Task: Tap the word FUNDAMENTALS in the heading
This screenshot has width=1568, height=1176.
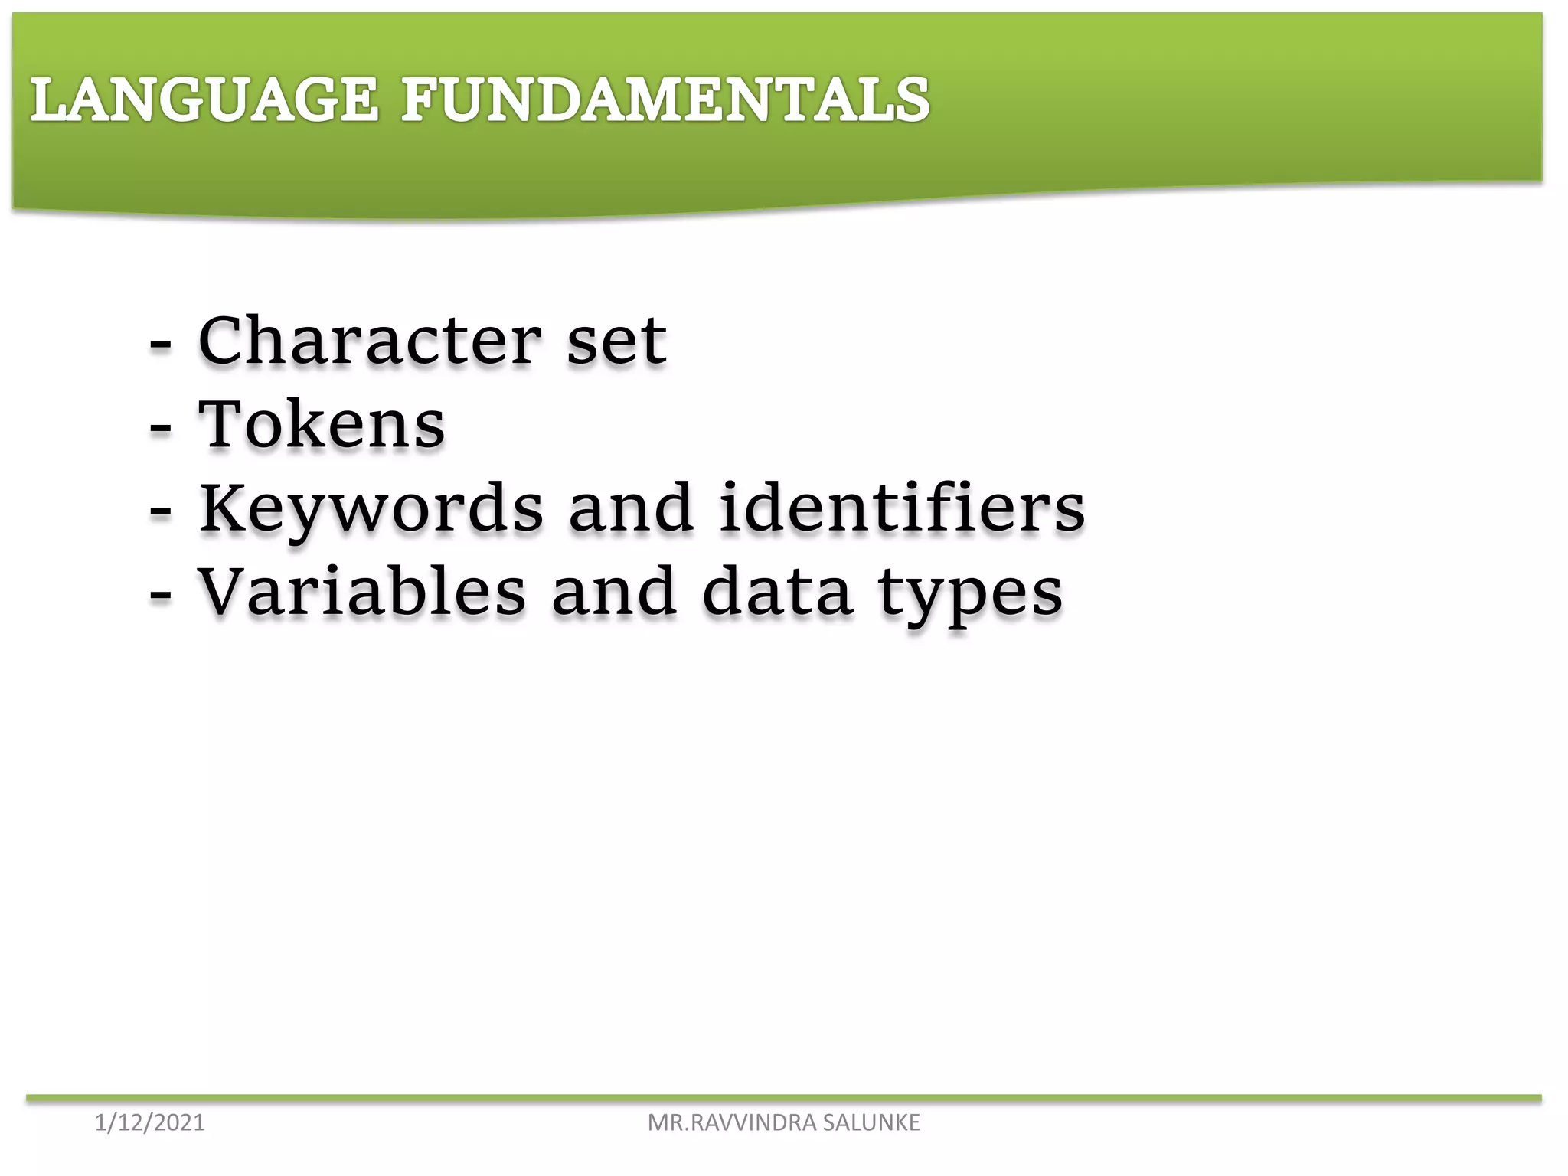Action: [665, 100]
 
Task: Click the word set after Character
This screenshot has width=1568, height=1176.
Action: [616, 342]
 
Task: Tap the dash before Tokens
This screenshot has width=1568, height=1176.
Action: [159, 430]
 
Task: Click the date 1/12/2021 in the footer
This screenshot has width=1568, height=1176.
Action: [150, 1123]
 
